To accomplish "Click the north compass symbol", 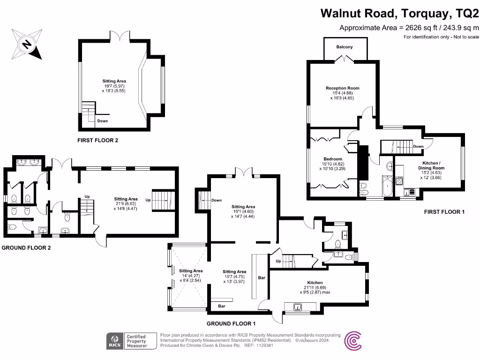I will [27, 44].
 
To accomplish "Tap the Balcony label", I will [344, 47].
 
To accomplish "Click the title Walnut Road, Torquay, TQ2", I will [399, 13].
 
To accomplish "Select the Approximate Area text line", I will [409, 28].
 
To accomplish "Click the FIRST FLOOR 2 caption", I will [97, 140].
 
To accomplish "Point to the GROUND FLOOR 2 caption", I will [26, 247].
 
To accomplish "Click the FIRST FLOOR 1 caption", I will [444, 212].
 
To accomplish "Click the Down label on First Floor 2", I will [102, 121].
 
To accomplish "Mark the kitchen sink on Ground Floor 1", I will [297, 307].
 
